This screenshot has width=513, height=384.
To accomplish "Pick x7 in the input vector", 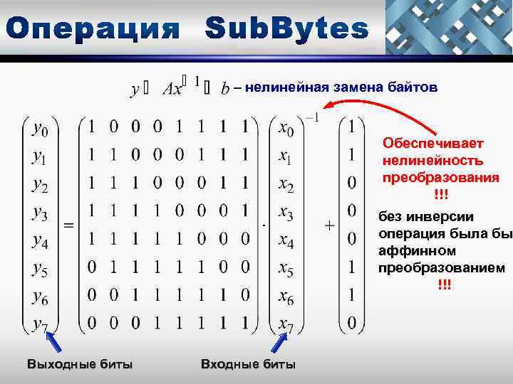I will (286, 324).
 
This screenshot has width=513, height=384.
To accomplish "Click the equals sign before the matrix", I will (69, 225).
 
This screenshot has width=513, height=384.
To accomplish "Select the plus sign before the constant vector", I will (329, 225).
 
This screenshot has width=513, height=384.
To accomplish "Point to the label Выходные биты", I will (79, 365).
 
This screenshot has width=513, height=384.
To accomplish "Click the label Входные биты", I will (248, 365).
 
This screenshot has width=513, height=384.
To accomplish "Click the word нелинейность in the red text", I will (432, 160).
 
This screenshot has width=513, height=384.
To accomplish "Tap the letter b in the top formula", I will (225, 90).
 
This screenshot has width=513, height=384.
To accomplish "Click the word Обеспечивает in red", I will (433, 143).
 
